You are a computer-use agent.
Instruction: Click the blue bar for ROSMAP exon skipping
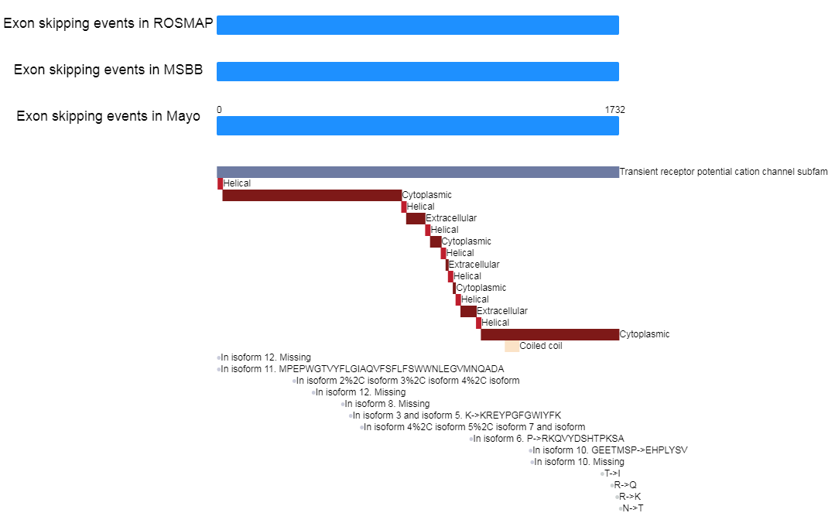(418, 25)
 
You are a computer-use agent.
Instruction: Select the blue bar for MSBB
(418, 71)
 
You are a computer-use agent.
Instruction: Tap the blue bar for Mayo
(418, 125)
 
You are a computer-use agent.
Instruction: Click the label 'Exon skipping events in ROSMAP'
(108, 23)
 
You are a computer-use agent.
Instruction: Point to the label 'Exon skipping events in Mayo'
(108, 116)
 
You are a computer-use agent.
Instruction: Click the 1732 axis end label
(615, 110)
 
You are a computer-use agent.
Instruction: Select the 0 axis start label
(219, 110)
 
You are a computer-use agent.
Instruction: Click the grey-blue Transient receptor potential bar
(418, 172)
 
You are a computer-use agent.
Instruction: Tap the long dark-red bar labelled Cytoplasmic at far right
(549, 334)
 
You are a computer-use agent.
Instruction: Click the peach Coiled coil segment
(512, 346)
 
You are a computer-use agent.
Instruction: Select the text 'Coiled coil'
(541, 346)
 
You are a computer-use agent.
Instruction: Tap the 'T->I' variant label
(612, 474)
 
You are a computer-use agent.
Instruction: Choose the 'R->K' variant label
(630, 497)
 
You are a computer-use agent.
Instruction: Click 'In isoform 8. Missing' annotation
(387, 404)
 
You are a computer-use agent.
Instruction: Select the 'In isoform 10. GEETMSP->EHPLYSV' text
(611, 450)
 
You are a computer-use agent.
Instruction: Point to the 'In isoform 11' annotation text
(362, 369)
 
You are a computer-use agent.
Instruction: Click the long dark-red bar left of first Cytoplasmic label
(312, 195)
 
